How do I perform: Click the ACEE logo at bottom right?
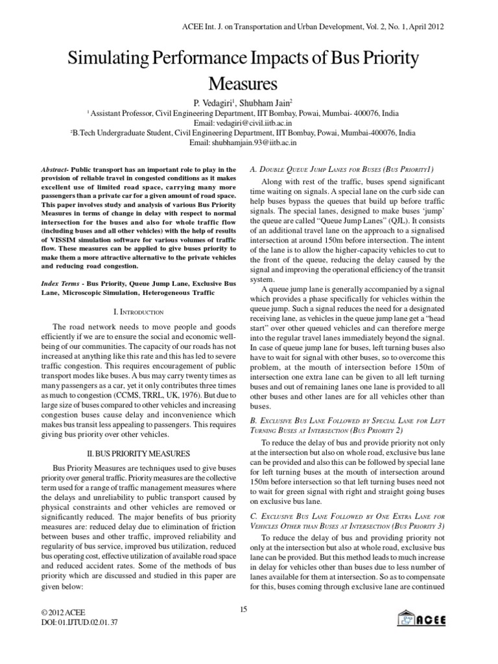coord(422,618)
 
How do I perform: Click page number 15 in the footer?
coord(243,608)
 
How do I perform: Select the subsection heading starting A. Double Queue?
coord(332,169)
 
